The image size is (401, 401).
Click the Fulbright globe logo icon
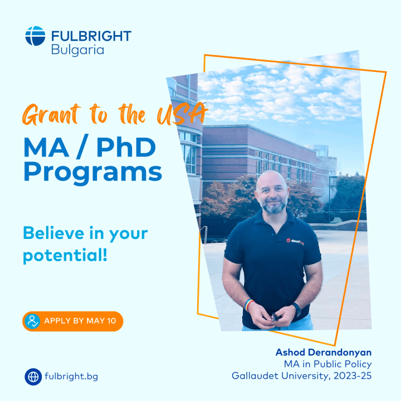(x=35, y=36)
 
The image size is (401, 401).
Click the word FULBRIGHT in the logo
(x=91, y=36)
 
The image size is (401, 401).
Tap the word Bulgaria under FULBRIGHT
(x=77, y=50)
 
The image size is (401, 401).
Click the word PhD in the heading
(x=126, y=147)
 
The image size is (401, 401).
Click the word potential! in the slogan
(x=65, y=255)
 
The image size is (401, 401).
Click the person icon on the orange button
(x=32, y=321)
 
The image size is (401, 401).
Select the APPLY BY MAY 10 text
(x=80, y=321)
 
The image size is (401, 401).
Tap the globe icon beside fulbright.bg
(x=33, y=376)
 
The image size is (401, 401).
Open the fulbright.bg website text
(x=71, y=376)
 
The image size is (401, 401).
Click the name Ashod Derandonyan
(x=324, y=353)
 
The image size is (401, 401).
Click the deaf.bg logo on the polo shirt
(x=295, y=241)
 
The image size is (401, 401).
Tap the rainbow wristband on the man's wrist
(x=248, y=304)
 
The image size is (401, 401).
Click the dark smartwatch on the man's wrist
(x=297, y=310)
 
